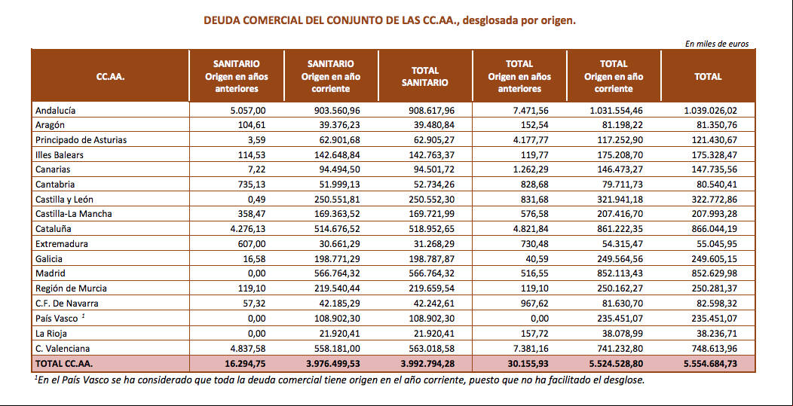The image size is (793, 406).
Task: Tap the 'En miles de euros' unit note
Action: [x=717, y=44]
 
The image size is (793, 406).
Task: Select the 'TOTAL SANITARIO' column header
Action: [x=425, y=77]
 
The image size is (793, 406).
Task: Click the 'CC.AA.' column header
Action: [x=110, y=77]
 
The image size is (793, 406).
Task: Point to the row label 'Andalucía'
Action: [x=56, y=110]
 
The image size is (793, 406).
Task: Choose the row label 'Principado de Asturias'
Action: [x=81, y=140]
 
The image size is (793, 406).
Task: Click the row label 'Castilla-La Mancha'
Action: [x=74, y=214]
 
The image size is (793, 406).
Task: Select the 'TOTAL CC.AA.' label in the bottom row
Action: [x=64, y=364]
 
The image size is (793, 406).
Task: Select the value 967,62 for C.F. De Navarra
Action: [x=534, y=304]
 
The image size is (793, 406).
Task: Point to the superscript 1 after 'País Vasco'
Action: [x=83, y=316]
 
